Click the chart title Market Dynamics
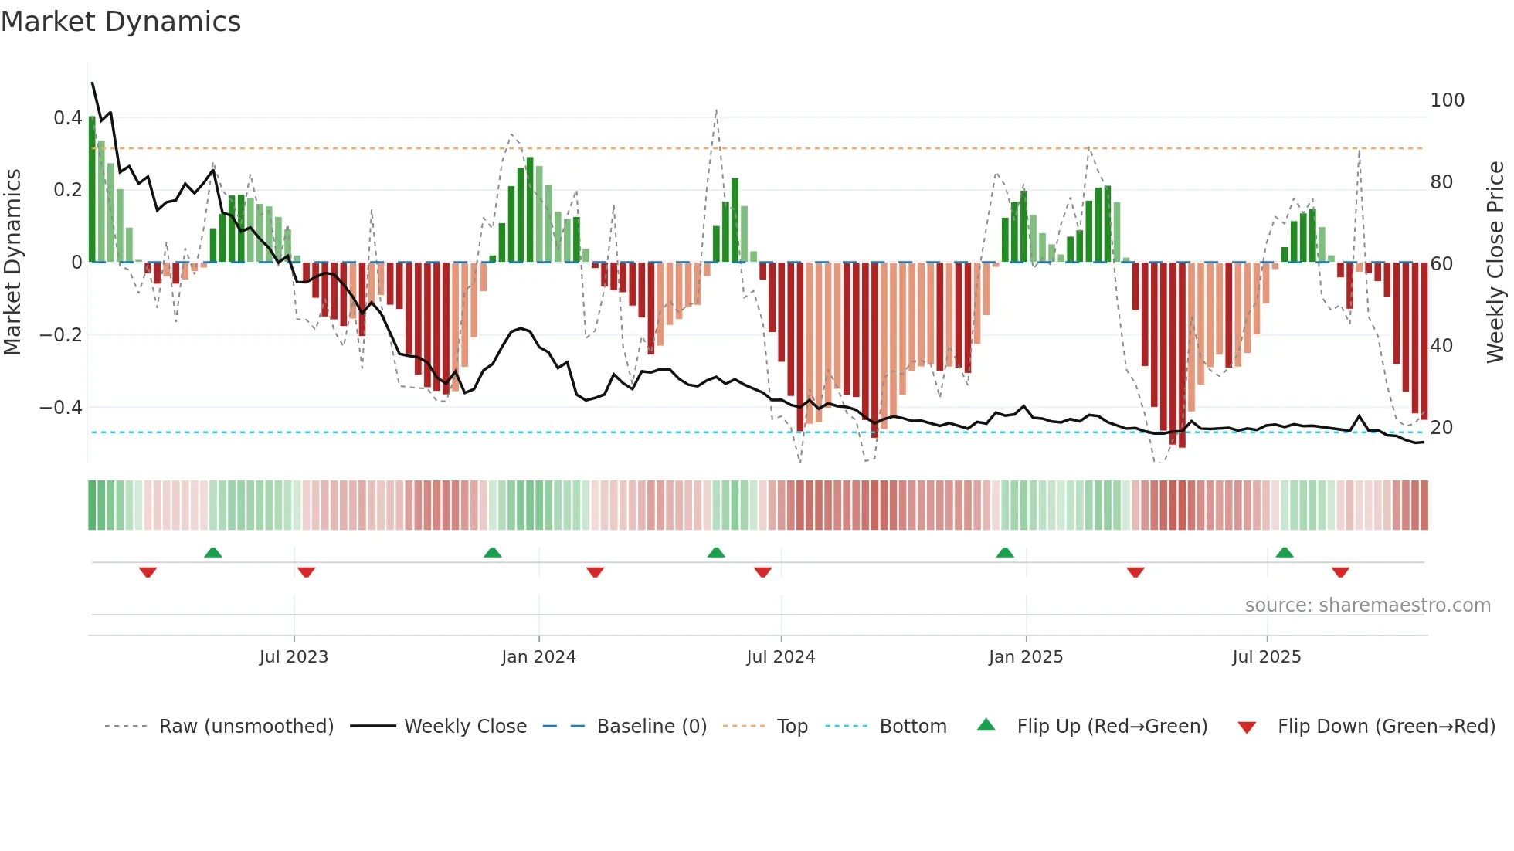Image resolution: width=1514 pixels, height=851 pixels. (x=121, y=22)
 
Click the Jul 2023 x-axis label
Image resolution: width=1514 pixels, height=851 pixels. (x=294, y=657)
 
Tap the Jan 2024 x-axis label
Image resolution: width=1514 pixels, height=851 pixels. (x=538, y=657)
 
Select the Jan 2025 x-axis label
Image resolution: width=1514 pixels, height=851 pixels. (x=1025, y=657)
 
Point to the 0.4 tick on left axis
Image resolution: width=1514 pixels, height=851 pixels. (x=67, y=118)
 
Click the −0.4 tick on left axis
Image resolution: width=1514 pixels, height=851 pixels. (x=61, y=407)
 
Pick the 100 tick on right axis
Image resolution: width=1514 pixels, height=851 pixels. (x=1447, y=100)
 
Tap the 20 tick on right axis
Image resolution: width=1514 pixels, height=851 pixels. (x=1441, y=427)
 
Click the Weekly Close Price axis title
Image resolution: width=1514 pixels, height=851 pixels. (x=1495, y=263)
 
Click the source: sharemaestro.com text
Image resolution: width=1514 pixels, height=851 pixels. (x=1367, y=605)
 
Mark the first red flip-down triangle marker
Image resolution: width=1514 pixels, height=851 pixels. (x=148, y=572)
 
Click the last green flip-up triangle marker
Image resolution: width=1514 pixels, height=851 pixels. (x=1284, y=552)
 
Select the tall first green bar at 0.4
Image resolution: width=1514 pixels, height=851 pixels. (x=93, y=189)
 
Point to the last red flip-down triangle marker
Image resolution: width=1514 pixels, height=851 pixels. (x=1340, y=572)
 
